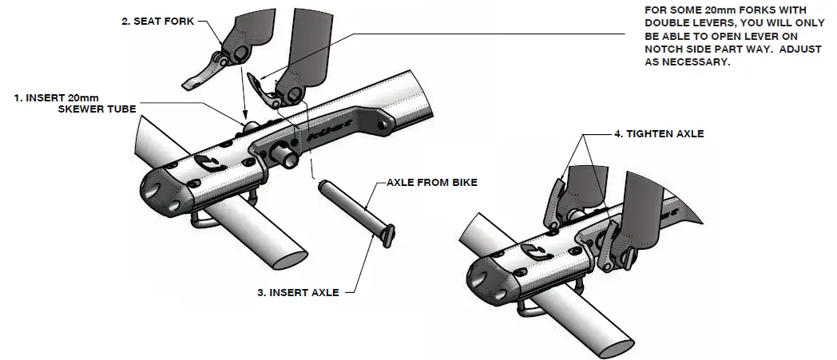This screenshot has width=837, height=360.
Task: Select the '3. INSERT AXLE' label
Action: [298, 293]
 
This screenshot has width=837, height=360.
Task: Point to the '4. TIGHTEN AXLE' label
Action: [659, 134]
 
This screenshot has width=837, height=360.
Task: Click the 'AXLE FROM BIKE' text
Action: [431, 183]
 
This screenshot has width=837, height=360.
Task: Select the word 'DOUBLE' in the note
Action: [670, 24]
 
